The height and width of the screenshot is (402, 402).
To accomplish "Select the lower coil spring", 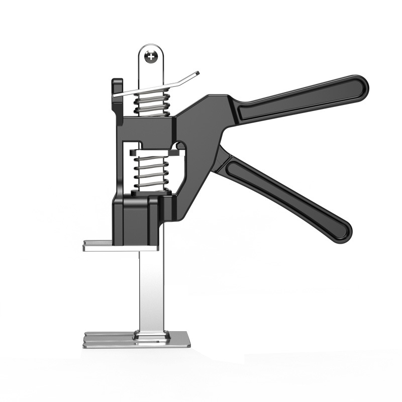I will click(149, 171).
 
